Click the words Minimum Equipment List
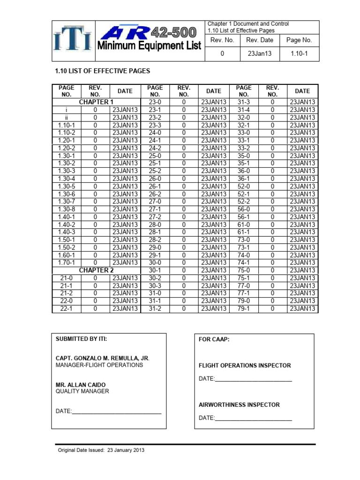coord(150,46)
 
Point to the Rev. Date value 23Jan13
coord(259,54)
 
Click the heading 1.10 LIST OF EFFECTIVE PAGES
coord(103,72)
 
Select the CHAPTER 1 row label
coord(96,102)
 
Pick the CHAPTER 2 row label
coord(96,270)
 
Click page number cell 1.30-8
coord(67,209)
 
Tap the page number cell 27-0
coord(155,202)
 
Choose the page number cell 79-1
coord(244,308)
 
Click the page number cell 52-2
coord(244,202)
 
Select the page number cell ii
coord(67,118)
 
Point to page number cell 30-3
coord(155,285)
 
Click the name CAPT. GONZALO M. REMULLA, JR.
coord(103,358)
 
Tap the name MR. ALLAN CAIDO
coord(81,384)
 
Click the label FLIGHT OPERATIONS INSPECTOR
coord(245,365)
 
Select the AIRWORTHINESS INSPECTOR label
coord(239,405)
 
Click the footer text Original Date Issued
coord(101,450)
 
